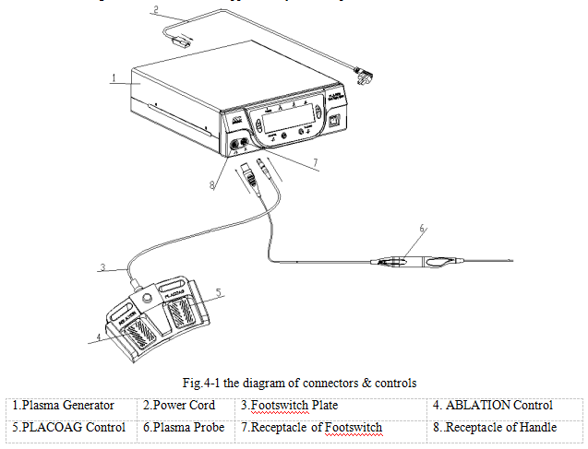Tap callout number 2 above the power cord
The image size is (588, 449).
(x=156, y=11)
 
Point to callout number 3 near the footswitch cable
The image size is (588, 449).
(x=103, y=268)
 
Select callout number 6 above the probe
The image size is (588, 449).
(x=422, y=229)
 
